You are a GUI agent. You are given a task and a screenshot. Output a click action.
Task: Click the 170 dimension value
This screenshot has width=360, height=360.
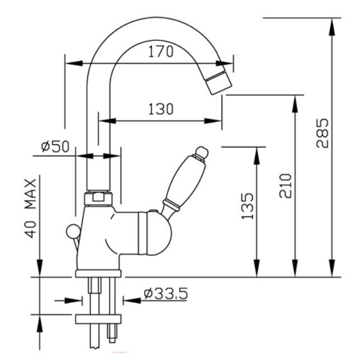point(160,52)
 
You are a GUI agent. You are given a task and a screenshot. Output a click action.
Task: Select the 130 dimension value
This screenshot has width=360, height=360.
point(160,109)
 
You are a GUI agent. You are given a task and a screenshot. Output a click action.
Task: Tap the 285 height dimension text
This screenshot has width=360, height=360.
point(322,132)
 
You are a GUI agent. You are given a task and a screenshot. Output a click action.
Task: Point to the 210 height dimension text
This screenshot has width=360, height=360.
point(285,186)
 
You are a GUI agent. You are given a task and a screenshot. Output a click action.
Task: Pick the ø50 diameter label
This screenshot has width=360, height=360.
point(56,147)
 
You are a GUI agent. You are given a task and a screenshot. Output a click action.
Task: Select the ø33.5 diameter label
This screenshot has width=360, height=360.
point(165,293)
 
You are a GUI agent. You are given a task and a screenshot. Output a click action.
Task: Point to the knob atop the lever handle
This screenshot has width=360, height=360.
point(200,152)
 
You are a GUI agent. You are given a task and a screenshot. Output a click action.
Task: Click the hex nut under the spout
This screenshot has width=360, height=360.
point(100,197)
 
